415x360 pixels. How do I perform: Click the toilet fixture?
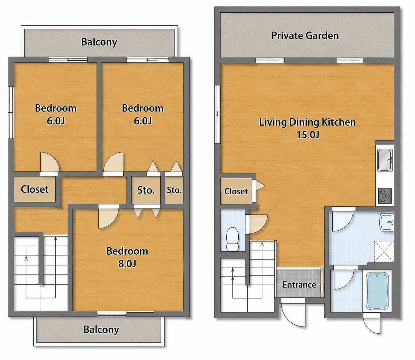click(232, 239)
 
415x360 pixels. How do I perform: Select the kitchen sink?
click(385, 160)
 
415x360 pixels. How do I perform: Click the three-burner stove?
click(385, 196)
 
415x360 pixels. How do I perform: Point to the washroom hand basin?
click(387, 222)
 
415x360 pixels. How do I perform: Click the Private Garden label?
click(305, 36)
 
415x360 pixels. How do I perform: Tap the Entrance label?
click(299, 285)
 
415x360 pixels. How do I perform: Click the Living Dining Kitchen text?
click(307, 122)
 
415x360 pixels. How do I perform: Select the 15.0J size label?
click(308, 135)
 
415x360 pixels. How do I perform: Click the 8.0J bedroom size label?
click(127, 264)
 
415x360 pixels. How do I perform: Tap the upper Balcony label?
click(99, 42)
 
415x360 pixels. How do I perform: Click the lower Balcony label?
click(101, 330)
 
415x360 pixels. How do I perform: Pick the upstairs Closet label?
click(35, 189)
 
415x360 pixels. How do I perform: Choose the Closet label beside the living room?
click(236, 191)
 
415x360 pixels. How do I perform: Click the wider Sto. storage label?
click(146, 190)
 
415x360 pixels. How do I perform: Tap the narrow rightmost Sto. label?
click(174, 190)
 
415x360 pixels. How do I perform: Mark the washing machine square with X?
click(384, 252)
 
